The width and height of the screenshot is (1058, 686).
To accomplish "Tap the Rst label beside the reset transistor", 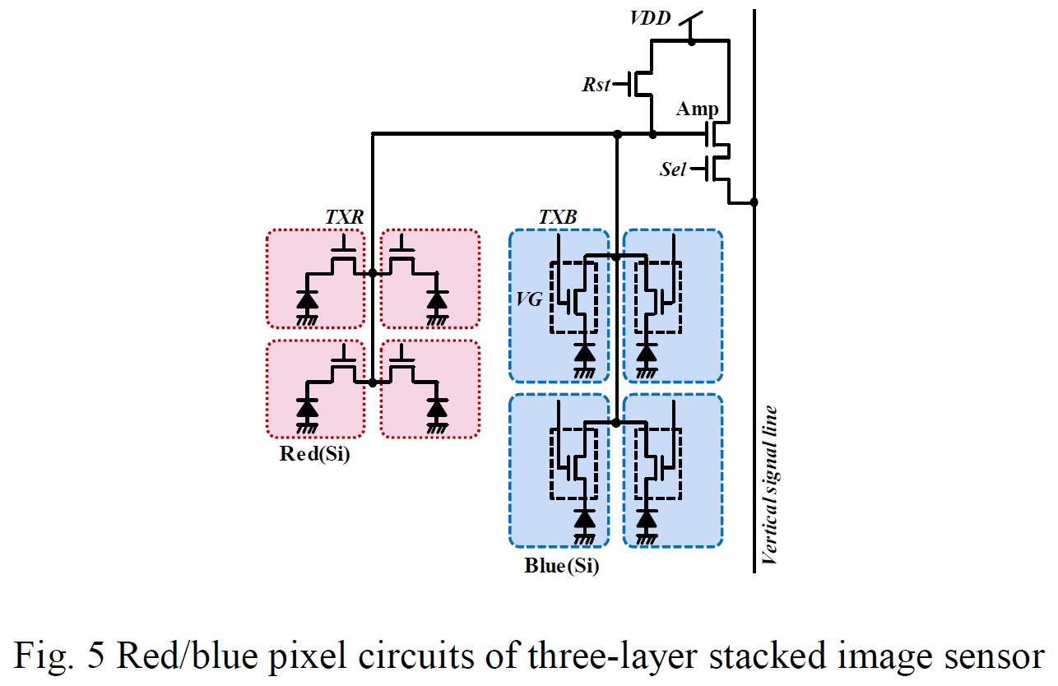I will pos(596,84).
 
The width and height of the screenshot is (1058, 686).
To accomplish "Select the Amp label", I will pos(698,109).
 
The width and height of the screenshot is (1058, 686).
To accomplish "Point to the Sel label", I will pos(673,169).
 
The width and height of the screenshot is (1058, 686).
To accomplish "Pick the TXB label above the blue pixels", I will pos(558,218).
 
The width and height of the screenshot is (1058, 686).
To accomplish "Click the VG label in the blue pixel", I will pos(530,299).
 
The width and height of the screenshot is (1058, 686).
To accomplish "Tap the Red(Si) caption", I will pos(314,453).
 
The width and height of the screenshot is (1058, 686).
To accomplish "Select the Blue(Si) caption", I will pos(561,566).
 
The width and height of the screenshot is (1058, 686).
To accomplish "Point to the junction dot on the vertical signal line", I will pos(754,202).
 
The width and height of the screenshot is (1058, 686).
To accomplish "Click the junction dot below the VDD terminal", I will pos(692,40).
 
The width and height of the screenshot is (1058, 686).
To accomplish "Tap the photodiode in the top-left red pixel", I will pos(308,299).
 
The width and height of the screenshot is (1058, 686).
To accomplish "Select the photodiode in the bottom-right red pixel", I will pos(438,407).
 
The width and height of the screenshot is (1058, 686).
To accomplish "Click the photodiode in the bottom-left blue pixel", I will pos(585,517).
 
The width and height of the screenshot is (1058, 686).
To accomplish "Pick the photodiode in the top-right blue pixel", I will pos(647,352).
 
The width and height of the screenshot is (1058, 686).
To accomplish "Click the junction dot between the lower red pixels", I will pos(373,382).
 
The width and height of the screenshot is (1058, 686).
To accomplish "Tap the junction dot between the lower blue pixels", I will pos(616,423).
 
